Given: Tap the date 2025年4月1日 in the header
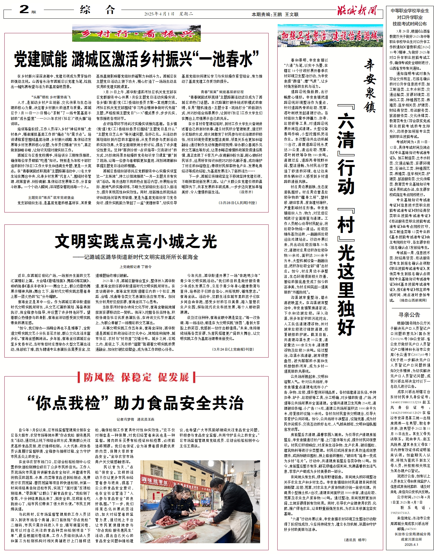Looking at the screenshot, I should coord(159,14).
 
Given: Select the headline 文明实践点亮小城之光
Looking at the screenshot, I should coord(136,241).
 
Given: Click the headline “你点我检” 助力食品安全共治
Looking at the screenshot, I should coord(136,403).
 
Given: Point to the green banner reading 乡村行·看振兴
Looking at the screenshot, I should coord(136,34).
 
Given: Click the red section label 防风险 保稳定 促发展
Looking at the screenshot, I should coord(136,377).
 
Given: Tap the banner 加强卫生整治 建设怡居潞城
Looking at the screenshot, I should coord(330,36).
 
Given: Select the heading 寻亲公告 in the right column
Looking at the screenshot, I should coord(409,314).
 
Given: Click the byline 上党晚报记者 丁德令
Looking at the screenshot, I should coord(136,266).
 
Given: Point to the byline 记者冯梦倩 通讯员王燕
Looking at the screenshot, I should coord(135,419).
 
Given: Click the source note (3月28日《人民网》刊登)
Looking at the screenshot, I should coord(237,203).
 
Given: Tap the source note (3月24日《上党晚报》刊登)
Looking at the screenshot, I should coord(233,349).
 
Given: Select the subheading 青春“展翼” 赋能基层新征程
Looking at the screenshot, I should coord(222,92).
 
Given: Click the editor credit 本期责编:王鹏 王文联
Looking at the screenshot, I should coord(275,14).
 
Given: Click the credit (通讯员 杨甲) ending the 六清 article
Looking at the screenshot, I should coord(355,539).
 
